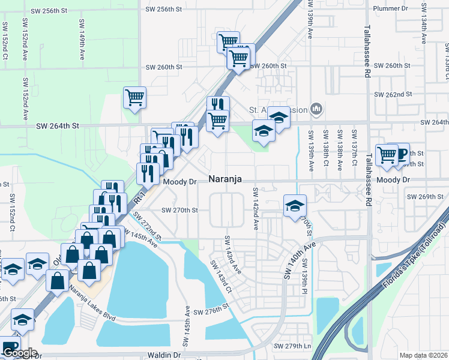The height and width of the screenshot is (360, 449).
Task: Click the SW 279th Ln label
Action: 294,346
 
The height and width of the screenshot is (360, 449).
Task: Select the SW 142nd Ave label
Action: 256,208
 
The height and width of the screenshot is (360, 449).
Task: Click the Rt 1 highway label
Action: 140,196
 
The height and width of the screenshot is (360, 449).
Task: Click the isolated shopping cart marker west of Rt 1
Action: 135,97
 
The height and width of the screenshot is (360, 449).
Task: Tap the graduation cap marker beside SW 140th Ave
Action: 295,205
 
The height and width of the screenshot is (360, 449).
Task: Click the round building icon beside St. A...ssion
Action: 317,109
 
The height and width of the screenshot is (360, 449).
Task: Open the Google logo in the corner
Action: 20,353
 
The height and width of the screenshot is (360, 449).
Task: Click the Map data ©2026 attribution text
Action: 424,355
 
